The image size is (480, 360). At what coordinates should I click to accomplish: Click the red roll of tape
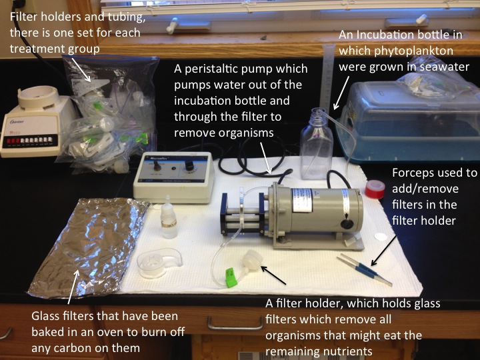tap(375, 189)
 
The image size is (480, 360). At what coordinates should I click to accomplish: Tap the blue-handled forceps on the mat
tap(364, 270)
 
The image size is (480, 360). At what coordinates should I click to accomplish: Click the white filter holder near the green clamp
tap(252, 260)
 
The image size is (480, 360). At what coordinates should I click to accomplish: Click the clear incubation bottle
tap(316, 144)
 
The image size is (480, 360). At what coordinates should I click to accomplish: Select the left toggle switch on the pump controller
tap(157, 165)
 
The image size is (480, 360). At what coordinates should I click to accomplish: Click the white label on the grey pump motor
tap(302, 200)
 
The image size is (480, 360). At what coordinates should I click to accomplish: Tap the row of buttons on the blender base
tap(30, 141)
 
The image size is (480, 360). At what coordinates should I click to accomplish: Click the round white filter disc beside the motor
tap(381, 236)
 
